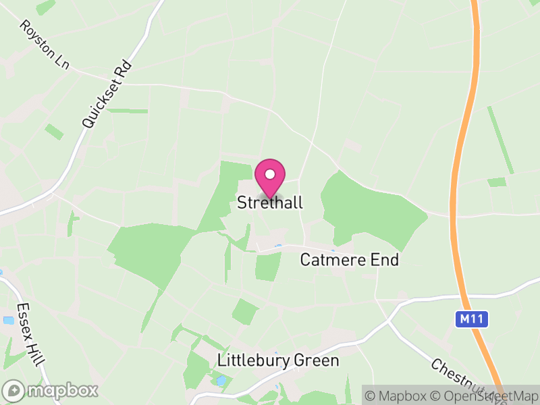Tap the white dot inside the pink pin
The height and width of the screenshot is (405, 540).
(x=270, y=174)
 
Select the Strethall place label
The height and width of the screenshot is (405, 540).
(x=270, y=203)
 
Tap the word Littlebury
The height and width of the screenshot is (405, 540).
(x=254, y=361)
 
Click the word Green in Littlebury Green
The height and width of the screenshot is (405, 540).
(x=317, y=361)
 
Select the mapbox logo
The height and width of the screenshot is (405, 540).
(x=51, y=390)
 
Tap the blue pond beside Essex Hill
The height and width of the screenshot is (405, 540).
(x=8, y=321)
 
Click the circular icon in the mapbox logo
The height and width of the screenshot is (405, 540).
(x=14, y=390)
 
